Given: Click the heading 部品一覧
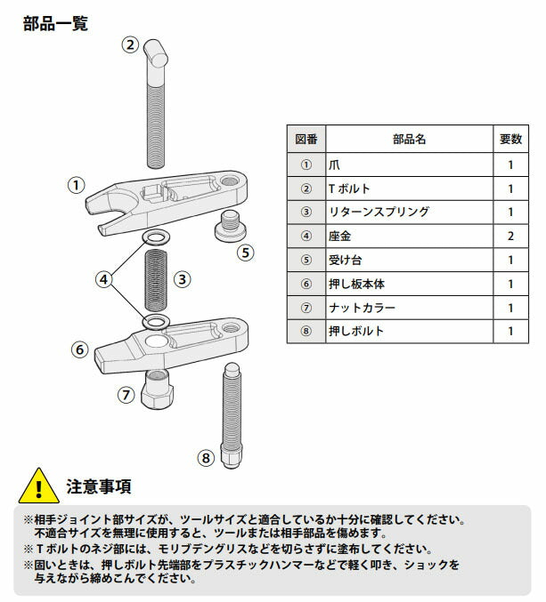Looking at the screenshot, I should click(x=55, y=23).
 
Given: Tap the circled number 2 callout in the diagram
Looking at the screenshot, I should click(x=130, y=44).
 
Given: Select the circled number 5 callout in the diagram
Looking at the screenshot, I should click(x=247, y=252).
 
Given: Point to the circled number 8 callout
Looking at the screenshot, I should click(x=206, y=458).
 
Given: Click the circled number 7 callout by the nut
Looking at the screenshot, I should click(x=126, y=393).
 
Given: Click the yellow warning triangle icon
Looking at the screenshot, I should click(x=37, y=486).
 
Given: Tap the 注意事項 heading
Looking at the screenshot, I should click(x=99, y=486).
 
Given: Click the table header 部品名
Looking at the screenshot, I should click(x=409, y=140).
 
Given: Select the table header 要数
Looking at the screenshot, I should click(x=510, y=140).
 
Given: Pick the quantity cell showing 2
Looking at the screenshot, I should click(x=510, y=236).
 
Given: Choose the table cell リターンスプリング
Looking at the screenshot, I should click(x=379, y=212).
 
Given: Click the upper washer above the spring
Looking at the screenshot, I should click(x=157, y=237).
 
